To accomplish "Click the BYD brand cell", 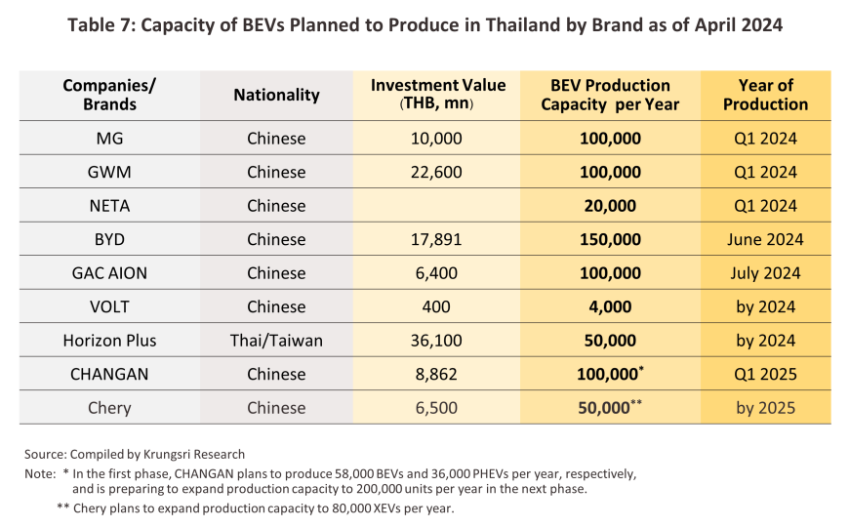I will [x=109, y=239].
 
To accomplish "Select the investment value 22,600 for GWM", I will [x=435, y=172].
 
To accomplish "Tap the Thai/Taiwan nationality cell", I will [x=276, y=341].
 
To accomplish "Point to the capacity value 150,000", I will [x=610, y=239].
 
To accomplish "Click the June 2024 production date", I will [x=765, y=239].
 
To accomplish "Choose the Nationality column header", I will [x=276, y=95].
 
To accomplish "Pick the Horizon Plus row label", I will [x=109, y=341].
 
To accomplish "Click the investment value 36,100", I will [x=435, y=341].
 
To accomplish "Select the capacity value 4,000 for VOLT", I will [x=610, y=306].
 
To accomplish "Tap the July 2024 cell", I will [x=765, y=273].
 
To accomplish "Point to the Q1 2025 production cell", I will [x=765, y=374].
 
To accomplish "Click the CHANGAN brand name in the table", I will [x=109, y=374].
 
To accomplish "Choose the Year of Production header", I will [x=765, y=95].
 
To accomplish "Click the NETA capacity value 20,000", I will [x=610, y=206].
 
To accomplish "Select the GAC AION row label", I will [x=109, y=273].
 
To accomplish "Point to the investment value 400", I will [x=435, y=306].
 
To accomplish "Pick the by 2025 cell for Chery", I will [x=765, y=408].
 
